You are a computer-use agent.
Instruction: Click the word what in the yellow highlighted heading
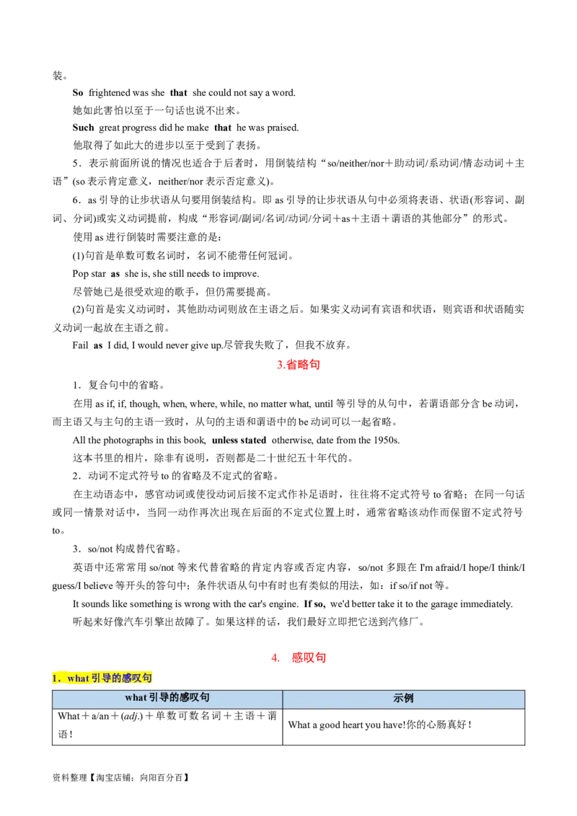point(77,678)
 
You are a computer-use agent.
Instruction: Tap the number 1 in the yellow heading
point(55,678)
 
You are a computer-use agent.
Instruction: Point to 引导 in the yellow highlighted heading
point(102,678)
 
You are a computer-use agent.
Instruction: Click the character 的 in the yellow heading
point(118,678)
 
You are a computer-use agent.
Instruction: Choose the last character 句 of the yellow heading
point(148,678)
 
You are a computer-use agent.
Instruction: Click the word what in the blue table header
point(136,698)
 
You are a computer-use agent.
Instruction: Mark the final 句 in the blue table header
point(205,698)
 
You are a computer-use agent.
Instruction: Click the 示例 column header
point(403,699)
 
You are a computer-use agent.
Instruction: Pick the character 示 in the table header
point(398,699)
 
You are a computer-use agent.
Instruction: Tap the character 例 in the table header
point(409,699)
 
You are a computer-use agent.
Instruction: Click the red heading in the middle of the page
point(299,365)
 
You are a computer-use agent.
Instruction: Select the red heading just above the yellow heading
point(308,657)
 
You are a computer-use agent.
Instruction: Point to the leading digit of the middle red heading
point(280,365)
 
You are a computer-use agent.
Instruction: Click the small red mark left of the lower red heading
point(274,657)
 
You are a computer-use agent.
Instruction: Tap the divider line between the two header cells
point(282,699)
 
